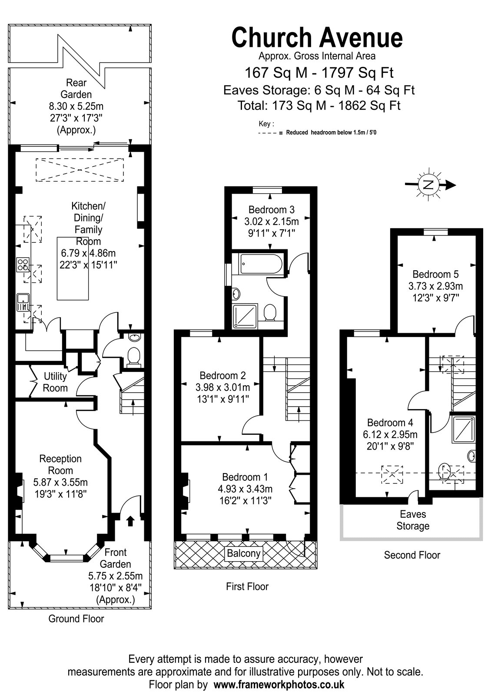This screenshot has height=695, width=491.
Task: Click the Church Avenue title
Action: pos(317,37)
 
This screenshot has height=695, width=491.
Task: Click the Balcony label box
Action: pos(244,553)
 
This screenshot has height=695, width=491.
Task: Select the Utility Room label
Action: pos(55,382)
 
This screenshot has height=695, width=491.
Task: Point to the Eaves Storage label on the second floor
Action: pos(413,520)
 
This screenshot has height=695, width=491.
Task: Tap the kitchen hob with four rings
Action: pos(23,265)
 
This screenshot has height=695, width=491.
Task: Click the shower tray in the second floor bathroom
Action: pos(464,429)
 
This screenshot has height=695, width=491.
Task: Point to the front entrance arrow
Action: pos(130,521)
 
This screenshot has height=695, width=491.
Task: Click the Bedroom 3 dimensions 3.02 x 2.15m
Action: pos(271,222)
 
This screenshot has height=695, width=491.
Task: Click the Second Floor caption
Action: pos(412,555)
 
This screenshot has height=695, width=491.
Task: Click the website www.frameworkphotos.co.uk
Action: pos(279,684)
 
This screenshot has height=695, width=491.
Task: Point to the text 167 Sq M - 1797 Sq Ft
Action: pos(319,73)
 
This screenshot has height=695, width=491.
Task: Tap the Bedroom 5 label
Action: pos(435,274)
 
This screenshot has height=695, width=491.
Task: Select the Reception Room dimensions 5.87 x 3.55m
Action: pos(60,482)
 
